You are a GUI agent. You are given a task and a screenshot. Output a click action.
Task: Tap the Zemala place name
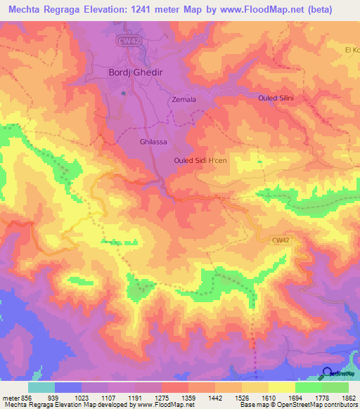(184, 100)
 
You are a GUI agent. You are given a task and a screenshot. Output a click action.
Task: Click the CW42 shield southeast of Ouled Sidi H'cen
(281, 240)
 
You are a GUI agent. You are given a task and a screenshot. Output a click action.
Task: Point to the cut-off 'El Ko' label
(352, 49)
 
